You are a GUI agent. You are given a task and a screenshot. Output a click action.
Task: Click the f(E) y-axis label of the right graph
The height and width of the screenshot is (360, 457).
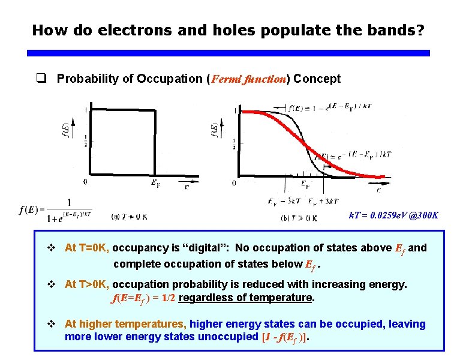tap(214, 130)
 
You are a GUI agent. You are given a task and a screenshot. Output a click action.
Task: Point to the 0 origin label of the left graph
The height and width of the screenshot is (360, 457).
tap(86, 181)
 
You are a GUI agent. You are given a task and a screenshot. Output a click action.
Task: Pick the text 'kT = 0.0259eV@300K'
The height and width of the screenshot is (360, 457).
tap(393, 215)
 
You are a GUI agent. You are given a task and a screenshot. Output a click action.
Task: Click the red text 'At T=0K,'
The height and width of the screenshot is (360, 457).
tap(87, 248)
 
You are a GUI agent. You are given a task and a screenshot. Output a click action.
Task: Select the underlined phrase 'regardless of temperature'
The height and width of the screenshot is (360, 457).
tap(246, 298)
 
